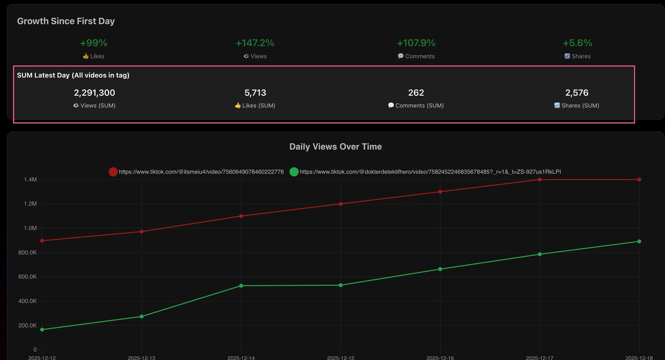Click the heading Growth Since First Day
66,21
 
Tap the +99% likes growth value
93,43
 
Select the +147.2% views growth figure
255,43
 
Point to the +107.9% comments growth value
416,43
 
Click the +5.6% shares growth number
577,43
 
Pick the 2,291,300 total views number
94,92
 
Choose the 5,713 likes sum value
255,92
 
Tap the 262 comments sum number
416,92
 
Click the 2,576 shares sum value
577,92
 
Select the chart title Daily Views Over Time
335,146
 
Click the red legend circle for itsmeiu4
113,172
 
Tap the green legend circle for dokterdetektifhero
294,172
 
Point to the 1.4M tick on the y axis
30,180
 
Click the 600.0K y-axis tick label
27,277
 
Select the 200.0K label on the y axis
27,325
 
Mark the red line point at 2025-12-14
241,216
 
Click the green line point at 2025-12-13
142,316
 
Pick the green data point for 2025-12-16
440,269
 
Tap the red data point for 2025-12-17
539,180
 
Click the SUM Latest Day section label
73,75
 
